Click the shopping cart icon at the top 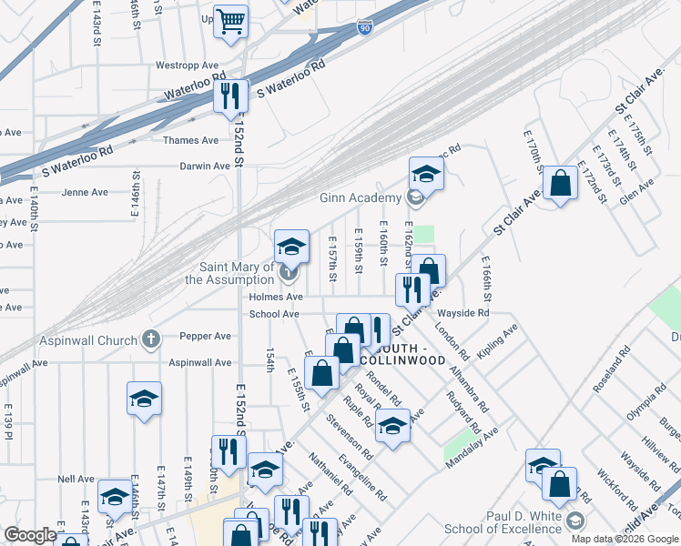click(231, 20)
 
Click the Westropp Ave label click(188, 66)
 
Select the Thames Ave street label click(191, 140)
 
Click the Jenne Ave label click(85, 192)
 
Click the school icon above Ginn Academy click(425, 173)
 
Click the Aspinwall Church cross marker click(152, 339)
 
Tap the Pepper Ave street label click(205, 336)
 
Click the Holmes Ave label click(275, 297)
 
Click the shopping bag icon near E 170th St click(562, 184)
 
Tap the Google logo click(31, 535)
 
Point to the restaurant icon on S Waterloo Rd click(229, 95)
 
